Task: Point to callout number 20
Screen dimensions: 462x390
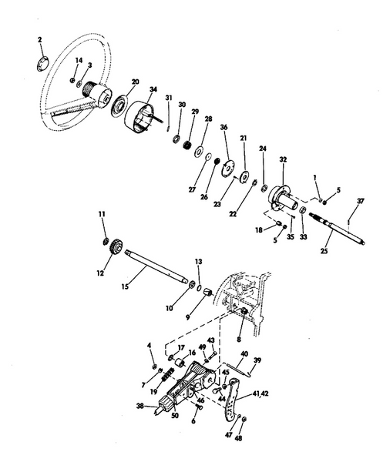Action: coord(135,82)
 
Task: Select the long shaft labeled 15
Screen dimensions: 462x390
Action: coord(158,269)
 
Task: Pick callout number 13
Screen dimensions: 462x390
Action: coord(197,263)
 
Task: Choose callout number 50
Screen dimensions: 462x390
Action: coord(176,417)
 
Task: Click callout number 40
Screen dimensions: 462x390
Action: coord(243,354)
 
